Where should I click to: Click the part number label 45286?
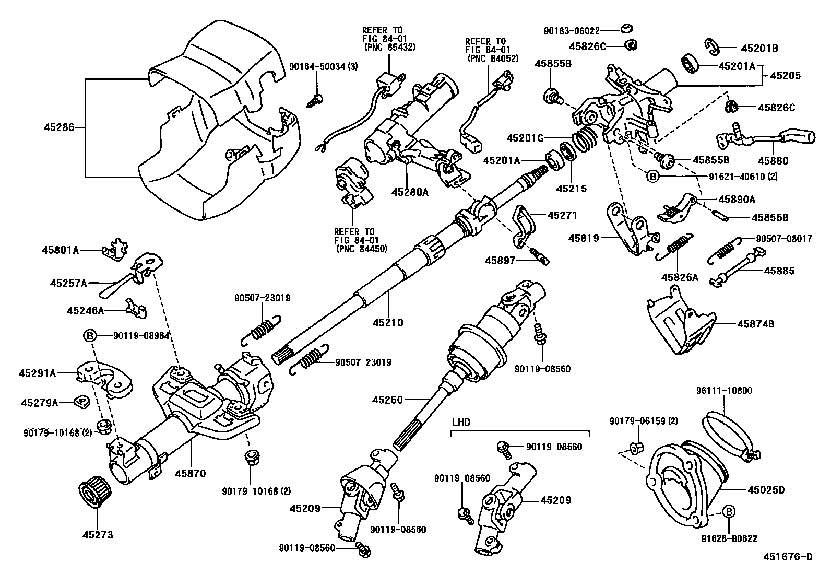(x=58, y=127)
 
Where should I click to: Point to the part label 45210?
(x=386, y=323)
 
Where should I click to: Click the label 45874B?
(x=755, y=324)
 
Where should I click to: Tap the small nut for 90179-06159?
(x=636, y=448)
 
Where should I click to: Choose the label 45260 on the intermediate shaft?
(x=387, y=400)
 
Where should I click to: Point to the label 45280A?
(x=410, y=192)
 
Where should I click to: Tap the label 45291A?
(x=37, y=373)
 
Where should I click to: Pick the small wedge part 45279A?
(x=82, y=401)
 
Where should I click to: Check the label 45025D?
(x=766, y=490)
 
